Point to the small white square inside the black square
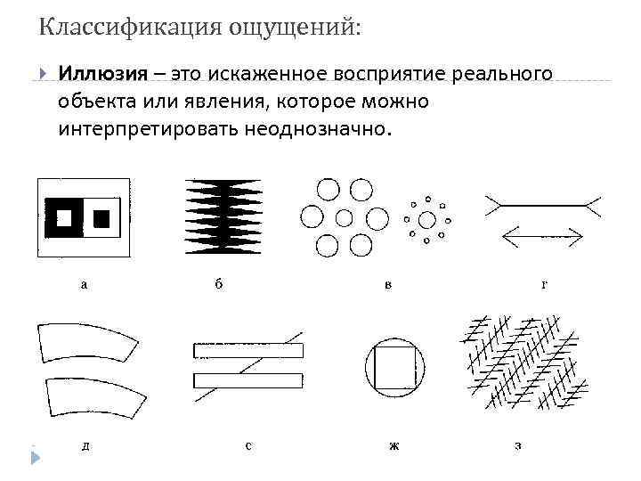point(64,216)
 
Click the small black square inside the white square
point(101,216)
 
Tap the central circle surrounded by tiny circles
point(426,219)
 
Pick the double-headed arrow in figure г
point(542,235)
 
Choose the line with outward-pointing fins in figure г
point(542,205)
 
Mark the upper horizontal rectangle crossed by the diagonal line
point(248,350)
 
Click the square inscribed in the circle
point(394,370)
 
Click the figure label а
point(84,285)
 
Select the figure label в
point(387,285)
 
